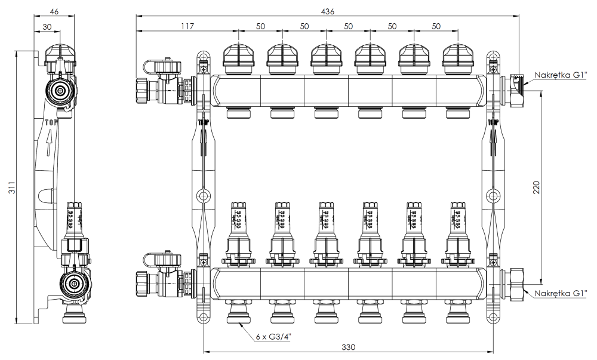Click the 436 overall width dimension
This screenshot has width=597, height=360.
[327, 11]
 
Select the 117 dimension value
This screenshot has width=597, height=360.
[187, 27]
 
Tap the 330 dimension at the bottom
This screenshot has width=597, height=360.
[348, 346]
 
